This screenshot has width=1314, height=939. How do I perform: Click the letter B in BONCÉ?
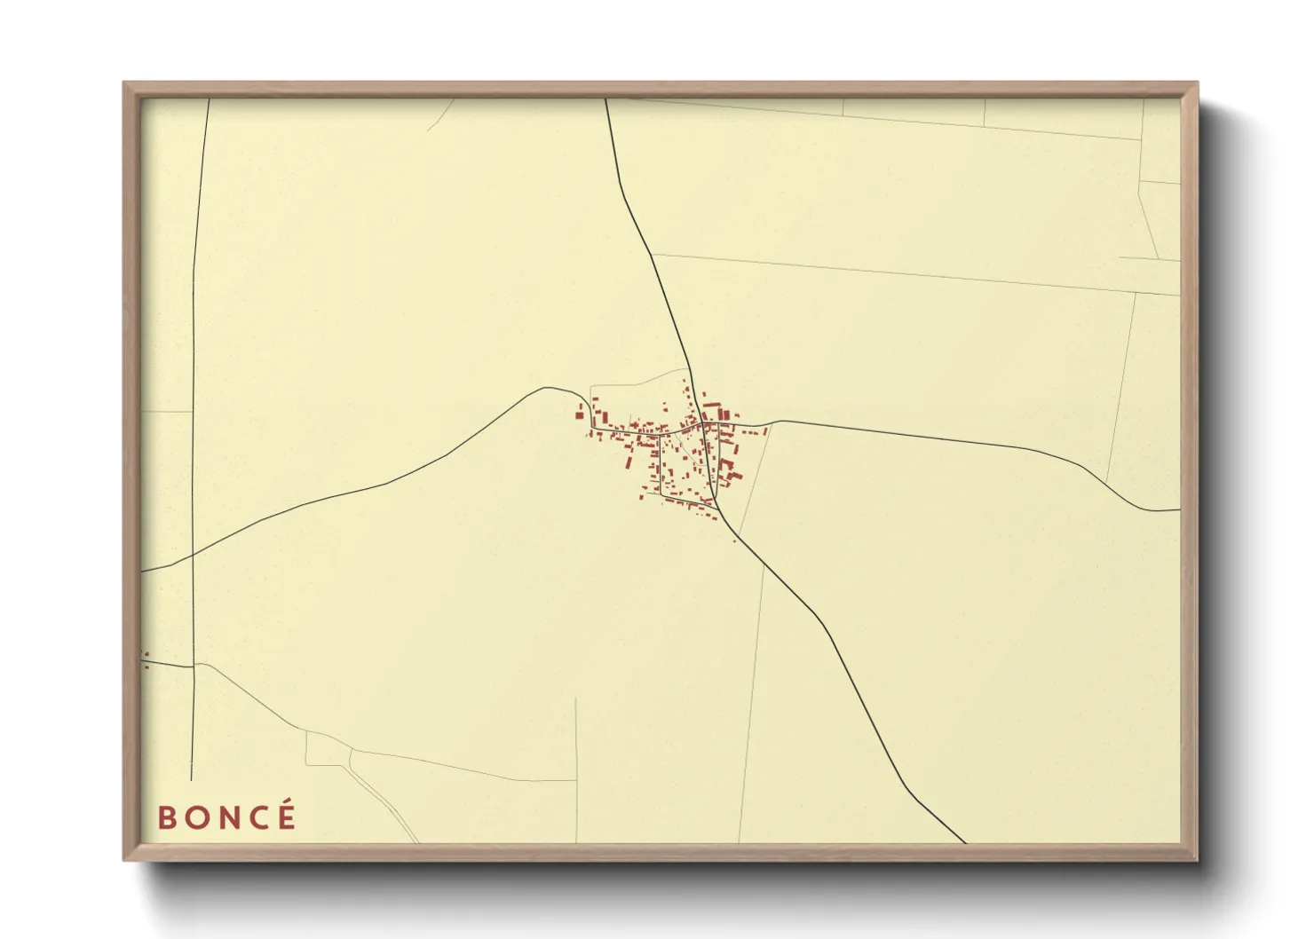166,817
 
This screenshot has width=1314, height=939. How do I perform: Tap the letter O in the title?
196,817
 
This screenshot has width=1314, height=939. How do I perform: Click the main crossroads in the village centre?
702,424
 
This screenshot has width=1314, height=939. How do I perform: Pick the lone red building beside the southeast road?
734,540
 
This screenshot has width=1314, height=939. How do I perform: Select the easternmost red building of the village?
765,431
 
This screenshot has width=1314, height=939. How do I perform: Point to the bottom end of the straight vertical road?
192,779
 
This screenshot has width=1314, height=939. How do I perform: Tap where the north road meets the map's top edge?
606,99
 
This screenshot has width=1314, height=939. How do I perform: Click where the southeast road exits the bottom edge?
965,842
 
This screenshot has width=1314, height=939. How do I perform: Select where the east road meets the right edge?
1180,510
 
